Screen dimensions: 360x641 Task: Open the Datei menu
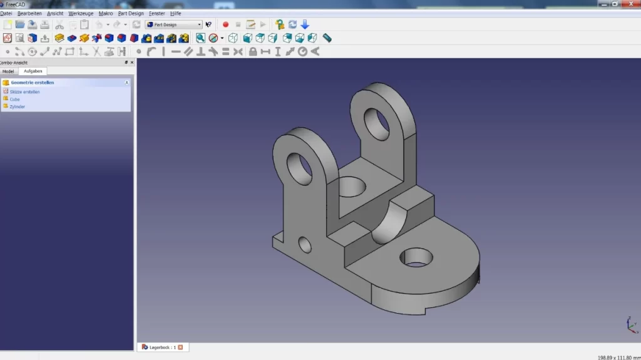tap(6, 13)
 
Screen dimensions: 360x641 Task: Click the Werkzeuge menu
tap(81, 13)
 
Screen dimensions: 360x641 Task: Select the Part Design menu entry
tap(131, 13)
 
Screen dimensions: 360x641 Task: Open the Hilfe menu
tap(176, 13)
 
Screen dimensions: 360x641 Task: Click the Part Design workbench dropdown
tap(174, 24)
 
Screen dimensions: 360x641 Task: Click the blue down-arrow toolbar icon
tap(305, 24)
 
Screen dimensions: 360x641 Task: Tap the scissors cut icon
tap(59, 24)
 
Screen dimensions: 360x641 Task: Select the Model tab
tap(8, 71)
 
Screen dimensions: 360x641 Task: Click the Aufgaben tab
tap(33, 71)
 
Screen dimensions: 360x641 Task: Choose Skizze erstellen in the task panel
tap(24, 92)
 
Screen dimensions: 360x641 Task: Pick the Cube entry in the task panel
tap(14, 99)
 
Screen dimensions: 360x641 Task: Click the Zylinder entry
tap(17, 106)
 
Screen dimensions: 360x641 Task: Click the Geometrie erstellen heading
tap(32, 82)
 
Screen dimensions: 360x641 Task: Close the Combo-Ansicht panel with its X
tap(131, 63)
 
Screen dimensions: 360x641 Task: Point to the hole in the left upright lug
tap(299, 167)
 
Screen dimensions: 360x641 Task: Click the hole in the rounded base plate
tap(416, 256)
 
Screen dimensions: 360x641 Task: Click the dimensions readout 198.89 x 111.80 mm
tap(618, 357)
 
